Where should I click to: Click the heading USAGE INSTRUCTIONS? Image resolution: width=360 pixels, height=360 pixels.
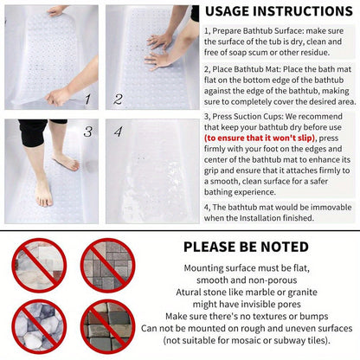click(279, 11)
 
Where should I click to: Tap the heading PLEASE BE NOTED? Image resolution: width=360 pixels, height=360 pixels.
click(246, 247)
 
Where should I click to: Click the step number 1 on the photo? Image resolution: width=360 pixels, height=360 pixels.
click(87, 100)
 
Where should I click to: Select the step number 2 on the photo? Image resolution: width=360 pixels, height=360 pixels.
click(118, 100)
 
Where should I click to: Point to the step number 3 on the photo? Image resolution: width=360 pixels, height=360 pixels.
click(88, 132)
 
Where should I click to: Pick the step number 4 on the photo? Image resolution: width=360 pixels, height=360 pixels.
click(119, 132)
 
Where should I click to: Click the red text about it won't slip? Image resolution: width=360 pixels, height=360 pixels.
click(260, 138)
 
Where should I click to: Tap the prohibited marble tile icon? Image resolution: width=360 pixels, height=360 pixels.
click(39, 266)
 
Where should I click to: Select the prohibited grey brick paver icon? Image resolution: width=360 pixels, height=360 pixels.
click(108, 266)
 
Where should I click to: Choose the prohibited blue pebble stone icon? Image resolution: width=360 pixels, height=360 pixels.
click(39, 326)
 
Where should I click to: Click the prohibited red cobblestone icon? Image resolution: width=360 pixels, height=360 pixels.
click(108, 326)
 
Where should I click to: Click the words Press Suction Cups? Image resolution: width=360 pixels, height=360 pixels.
click(247, 117)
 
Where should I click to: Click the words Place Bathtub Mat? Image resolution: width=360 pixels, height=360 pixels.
click(246, 69)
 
